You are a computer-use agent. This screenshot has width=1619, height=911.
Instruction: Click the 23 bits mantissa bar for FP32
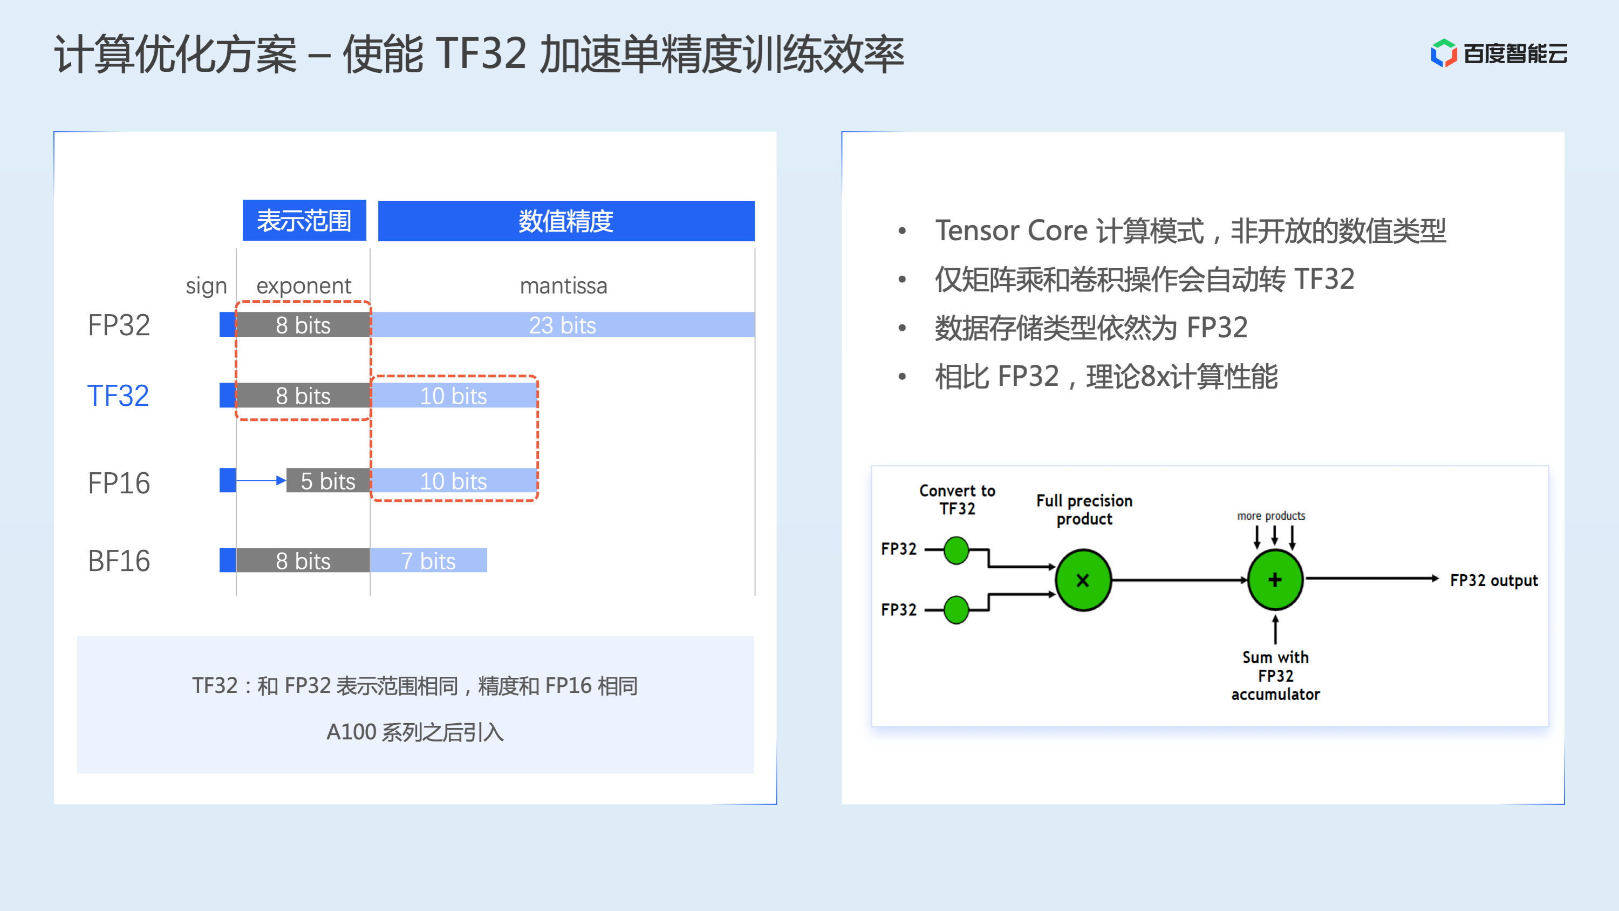pos(563,325)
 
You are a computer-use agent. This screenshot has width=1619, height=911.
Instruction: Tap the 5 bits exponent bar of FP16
pos(327,481)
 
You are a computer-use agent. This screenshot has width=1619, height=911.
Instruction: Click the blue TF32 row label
pos(118,396)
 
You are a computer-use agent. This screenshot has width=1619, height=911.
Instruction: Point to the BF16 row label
pos(119,561)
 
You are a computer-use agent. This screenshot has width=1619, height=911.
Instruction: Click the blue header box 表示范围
pos(304,221)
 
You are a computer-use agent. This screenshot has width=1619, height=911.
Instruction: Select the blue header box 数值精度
pos(565,221)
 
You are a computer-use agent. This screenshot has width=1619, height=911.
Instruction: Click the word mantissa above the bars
pos(563,286)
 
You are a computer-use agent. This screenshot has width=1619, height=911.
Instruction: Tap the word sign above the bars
pos(206,286)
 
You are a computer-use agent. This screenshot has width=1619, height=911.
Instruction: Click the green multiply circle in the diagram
pos(1083,580)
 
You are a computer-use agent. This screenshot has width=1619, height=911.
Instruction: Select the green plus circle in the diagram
pos(1275,579)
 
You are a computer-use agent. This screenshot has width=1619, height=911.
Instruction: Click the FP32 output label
pos(1493,580)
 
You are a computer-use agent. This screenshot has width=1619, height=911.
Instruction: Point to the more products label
pos(1271,516)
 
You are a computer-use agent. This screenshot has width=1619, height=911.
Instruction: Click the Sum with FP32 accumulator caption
pos(1275,676)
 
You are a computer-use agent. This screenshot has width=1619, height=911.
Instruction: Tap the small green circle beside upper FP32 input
pos(956,550)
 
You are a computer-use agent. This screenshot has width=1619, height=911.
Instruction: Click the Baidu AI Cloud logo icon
pos(1443,53)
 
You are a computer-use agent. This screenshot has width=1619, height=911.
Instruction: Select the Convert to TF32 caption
pos(957,500)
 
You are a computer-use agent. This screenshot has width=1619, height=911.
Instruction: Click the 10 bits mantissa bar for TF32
pos(453,396)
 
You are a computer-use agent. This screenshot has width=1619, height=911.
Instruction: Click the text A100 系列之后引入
pos(415,732)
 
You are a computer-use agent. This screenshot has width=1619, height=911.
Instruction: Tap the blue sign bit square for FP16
pos(228,480)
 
